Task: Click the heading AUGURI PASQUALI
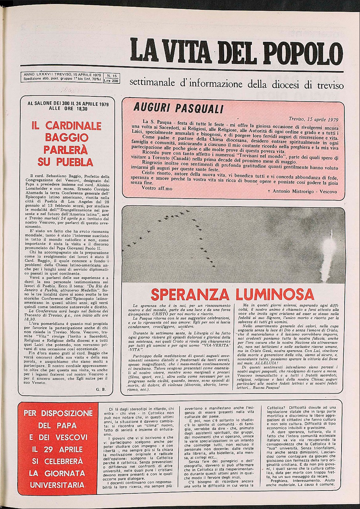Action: point(178,108)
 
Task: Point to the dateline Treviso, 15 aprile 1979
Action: point(313,119)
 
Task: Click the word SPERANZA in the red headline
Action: point(190,294)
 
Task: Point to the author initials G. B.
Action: point(101,389)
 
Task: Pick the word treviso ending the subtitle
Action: point(330,85)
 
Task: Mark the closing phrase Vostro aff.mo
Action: point(157,188)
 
